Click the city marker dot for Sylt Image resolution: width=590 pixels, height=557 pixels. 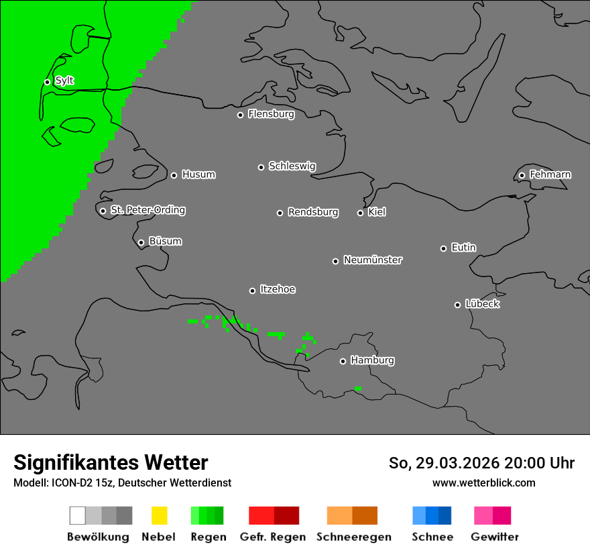tap(47, 82)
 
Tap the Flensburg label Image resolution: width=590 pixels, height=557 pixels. tap(271, 114)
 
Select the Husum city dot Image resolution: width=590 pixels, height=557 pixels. tap(174, 175)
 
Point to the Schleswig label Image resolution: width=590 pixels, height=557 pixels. tap(292, 166)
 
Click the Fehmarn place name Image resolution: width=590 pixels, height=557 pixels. tap(550, 174)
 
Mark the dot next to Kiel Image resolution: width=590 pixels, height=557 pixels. tap(360, 213)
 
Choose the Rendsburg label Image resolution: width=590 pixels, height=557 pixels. tap(312, 212)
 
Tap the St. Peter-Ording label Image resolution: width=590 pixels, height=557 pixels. tap(147, 210)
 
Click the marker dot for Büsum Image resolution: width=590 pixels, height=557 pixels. tap(141, 242)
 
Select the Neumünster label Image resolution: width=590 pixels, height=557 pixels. tap(372, 260)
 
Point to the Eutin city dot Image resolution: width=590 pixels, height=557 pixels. tap(443, 248)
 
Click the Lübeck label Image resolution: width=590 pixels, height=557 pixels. tap(482, 304)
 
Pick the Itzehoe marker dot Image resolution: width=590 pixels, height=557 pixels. tap(252, 291)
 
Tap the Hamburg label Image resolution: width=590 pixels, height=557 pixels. tap(372, 360)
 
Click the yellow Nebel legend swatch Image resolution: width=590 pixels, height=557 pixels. tap(159, 515)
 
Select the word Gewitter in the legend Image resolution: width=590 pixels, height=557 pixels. tap(495, 537)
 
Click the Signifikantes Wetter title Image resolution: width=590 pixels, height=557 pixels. tap(111, 462)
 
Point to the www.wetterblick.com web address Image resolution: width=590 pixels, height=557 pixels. tap(484, 483)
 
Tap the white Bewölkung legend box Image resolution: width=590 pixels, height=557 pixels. tap(77, 515)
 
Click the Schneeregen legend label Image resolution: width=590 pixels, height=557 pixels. tap(354, 537)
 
